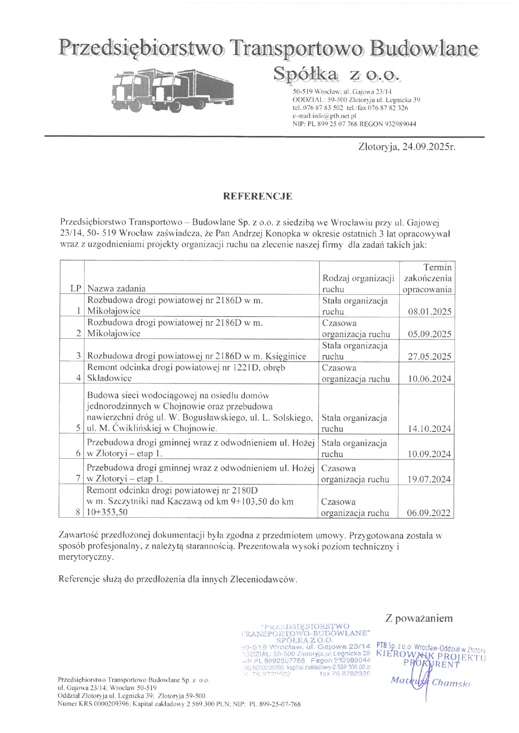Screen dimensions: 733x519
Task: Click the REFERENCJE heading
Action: click(x=257, y=197)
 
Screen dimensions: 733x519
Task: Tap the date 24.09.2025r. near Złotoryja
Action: click(x=429, y=147)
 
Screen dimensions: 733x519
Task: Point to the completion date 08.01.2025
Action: click(x=429, y=312)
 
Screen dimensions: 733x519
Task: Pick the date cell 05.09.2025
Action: click(x=429, y=334)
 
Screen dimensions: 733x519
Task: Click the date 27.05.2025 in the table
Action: click(x=429, y=357)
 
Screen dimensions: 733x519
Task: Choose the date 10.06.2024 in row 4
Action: click(x=429, y=379)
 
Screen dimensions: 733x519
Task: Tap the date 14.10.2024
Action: click(x=429, y=429)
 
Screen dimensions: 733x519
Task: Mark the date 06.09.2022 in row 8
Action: click(x=429, y=513)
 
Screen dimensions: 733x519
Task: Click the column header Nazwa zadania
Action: click(x=116, y=289)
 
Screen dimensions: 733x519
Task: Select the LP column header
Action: click(x=76, y=289)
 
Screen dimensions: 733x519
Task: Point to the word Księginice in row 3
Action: click(x=285, y=356)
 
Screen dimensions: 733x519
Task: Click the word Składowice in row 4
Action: click(x=109, y=378)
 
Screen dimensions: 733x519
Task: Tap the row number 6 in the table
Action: click(x=78, y=454)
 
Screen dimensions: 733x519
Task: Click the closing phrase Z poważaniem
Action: click(x=419, y=618)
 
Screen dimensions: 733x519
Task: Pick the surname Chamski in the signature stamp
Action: click(x=451, y=683)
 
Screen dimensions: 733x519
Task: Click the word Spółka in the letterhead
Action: click(x=305, y=74)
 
